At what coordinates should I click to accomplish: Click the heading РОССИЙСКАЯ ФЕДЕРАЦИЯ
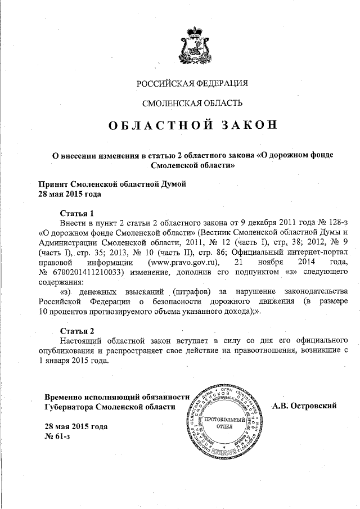[x=192, y=84]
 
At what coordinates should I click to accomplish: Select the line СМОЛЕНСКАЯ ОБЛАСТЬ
[x=192, y=103]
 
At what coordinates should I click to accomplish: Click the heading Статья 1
[x=78, y=213]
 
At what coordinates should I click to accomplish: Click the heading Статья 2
[x=78, y=330]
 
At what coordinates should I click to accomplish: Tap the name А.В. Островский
[x=304, y=406]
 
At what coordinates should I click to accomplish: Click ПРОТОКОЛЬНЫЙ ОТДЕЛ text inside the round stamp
[x=224, y=423]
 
